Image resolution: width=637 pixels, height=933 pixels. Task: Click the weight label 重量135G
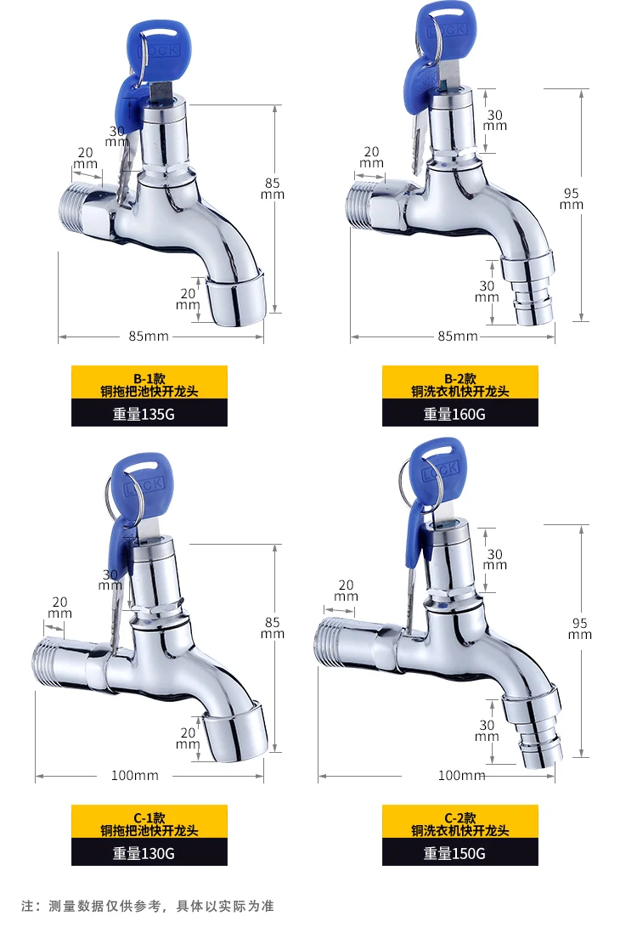pos(144,414)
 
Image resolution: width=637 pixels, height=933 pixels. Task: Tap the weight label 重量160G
pos(454,414)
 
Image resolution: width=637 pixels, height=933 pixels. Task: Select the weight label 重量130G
pos(144,853)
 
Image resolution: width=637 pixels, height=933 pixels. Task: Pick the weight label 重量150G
pos(454,853)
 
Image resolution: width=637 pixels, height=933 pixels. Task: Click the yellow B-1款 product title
pos(149,384)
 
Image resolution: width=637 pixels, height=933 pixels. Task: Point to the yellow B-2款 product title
pos(460,384)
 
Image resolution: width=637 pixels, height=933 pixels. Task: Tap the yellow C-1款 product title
pos(149,823)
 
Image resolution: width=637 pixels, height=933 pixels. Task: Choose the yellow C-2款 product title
pos(460,823)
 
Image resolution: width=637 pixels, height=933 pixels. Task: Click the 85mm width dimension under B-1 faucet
pos(149,336)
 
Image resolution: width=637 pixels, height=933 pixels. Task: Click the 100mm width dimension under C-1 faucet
pos(135,775)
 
